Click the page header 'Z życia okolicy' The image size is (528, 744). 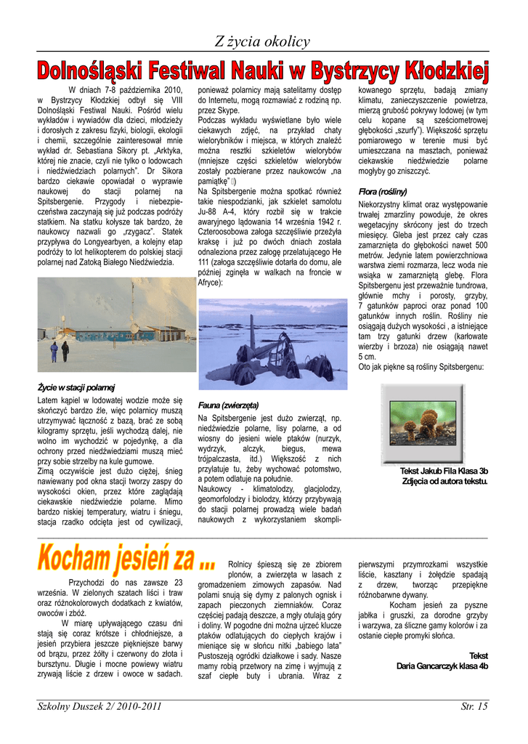tap(262, 42)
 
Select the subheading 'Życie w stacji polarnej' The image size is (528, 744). tap(76, 387)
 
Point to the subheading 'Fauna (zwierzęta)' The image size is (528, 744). tap(228, 405)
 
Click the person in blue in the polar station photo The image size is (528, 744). tap(54, 352)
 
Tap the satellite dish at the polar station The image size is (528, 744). tap(135, 329)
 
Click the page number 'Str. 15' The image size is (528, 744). tap(474, 706)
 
